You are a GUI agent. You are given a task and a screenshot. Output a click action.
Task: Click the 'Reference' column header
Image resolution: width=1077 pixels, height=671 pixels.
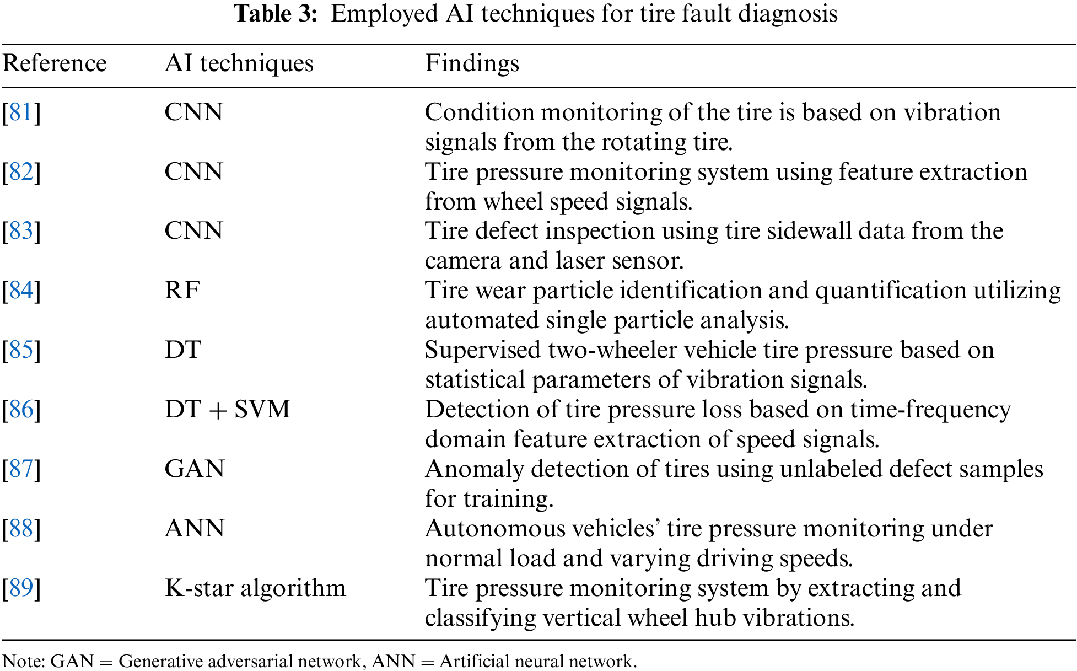[x=54, y=63]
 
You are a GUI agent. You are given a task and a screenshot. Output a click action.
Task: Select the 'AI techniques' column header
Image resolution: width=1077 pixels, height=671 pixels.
[x=239, y=63]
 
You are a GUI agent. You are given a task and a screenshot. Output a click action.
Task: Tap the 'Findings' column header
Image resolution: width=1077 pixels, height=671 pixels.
[x=472, y=63]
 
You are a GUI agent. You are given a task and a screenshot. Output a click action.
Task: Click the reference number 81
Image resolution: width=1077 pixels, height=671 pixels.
[x=21, y=112]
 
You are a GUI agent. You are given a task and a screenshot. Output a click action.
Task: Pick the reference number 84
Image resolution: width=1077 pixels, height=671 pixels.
[x=21, y=291]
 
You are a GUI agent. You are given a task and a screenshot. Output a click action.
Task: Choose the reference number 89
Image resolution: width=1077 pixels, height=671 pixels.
[x=21, y=588]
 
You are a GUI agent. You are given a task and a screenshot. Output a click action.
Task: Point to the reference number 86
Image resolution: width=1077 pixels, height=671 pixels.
[x=21, y=410]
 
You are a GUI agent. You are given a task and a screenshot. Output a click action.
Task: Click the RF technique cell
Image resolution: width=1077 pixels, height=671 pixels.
[x=182, y=291]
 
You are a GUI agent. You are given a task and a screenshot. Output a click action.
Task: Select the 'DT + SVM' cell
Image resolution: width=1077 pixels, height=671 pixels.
[x=227, y=410]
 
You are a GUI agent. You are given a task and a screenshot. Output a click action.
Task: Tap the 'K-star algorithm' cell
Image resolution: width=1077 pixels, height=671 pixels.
[x=255, y=588]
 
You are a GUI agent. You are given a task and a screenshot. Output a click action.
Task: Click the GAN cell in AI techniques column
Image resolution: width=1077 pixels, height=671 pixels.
[x=195, y=469]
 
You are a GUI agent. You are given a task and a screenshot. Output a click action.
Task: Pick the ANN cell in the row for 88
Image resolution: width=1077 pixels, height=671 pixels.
[x=195, y=529]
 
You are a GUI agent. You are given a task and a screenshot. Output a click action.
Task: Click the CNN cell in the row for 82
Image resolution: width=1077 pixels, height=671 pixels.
[x=193, y=172]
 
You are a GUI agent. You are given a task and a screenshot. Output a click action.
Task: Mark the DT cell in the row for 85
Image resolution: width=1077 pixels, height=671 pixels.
[x=182, y=350]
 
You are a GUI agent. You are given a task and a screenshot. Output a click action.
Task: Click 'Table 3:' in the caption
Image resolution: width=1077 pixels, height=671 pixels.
[x=276, y=14]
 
